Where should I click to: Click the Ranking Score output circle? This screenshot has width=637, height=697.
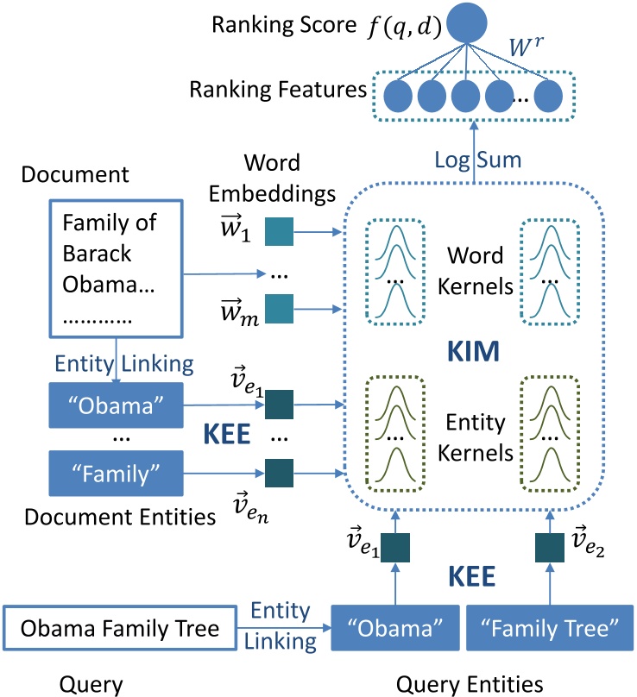[466, 22]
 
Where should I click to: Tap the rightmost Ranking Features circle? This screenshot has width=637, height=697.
[548, 96]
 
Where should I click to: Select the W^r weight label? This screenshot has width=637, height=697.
[526, 47]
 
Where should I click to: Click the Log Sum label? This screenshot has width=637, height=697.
[478, 160]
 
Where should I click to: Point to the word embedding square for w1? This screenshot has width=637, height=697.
[279, 231]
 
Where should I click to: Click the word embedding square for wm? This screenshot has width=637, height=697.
[279, 309]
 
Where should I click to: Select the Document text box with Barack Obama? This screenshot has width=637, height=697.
[116, 268]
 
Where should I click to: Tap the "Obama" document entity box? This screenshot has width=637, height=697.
[116, 405]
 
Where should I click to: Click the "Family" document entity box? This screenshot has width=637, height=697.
[116, 474]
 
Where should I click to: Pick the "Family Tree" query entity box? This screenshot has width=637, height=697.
[549, 628]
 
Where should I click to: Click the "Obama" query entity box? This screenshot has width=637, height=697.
[395, 628]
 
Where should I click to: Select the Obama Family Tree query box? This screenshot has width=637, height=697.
[120, 628]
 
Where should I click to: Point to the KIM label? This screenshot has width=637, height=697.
[473, 351]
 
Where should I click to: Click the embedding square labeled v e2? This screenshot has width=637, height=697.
[549, 548]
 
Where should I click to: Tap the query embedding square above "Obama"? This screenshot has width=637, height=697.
[395, 548]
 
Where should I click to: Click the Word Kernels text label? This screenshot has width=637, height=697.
[475, 271]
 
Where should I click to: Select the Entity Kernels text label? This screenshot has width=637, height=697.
[475, 437]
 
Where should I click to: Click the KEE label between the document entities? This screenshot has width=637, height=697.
[226, 434]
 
